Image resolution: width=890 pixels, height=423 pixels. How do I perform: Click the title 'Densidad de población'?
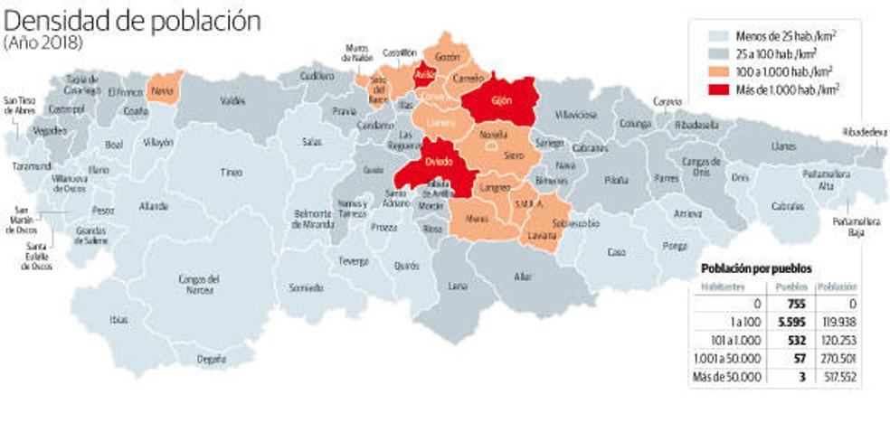coord(132,20)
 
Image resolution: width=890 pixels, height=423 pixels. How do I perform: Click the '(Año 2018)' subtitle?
coord(43,43)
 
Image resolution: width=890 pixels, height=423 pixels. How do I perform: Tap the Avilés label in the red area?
coord(424,75)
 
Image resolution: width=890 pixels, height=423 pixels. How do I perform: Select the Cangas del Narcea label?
coord(200,283)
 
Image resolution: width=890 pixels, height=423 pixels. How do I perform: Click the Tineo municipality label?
coord(232,172)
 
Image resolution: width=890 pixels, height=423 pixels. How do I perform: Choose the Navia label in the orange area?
coord(164,91)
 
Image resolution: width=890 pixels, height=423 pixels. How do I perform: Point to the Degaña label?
coord(211,360)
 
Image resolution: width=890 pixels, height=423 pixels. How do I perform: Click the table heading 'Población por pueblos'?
coord(756,268)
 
